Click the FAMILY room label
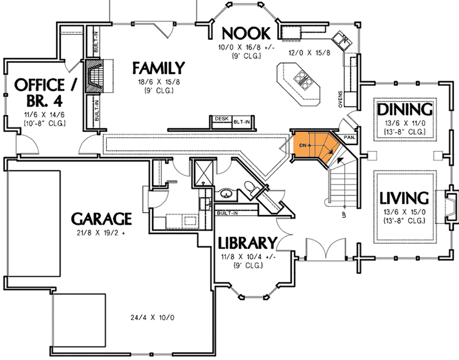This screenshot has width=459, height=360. (x=158, y=68)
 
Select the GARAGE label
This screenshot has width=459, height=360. (x=102, y=218)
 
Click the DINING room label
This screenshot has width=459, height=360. (x=404, y=109)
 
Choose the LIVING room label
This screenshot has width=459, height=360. (x=404, y=198)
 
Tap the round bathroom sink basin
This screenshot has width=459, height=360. (x=226, y=194)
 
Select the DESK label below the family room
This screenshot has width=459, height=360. (x=221, y=119)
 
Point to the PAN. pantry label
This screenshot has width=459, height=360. (x=348, y=138)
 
